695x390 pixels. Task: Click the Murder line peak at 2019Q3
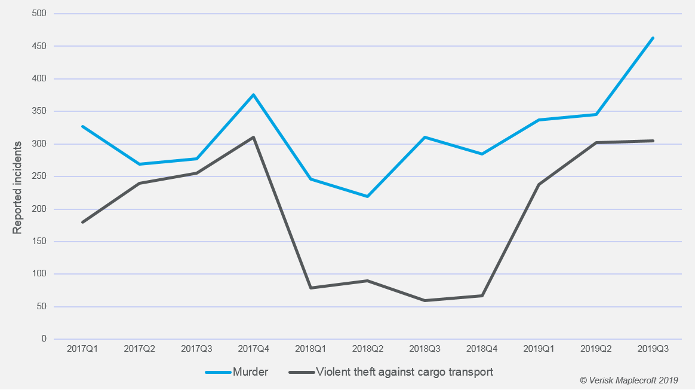[653, 38]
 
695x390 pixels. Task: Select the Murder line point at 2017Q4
[253, 95]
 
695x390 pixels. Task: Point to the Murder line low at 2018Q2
[367, 196]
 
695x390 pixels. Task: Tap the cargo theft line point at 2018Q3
[425, 300]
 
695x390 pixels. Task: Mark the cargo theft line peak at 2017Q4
[253, 137]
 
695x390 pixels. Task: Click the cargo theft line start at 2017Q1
[82, 222]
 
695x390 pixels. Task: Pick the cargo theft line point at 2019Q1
[539, 184]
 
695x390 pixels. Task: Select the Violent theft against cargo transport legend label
[404, 372]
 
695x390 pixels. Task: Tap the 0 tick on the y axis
[44, 339]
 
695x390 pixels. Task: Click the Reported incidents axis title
[18, 187]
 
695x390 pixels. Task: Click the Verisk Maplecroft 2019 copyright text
[629, 380]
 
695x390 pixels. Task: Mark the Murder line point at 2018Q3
[425, 137]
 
